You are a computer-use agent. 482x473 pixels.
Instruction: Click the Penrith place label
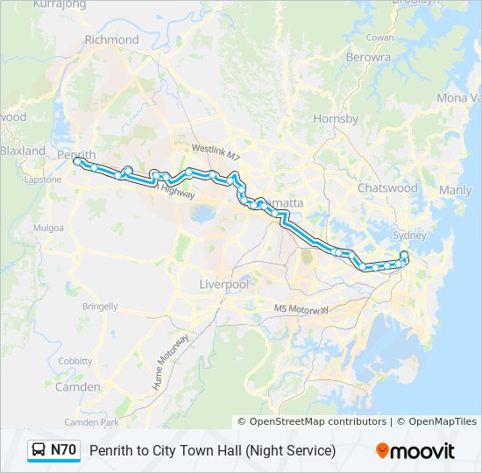tap(76, 154)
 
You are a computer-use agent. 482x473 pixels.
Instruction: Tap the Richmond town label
tap(111, 39)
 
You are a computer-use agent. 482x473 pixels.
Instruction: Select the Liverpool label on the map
tap(224, 285)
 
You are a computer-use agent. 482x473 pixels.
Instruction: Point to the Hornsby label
tap(336, 118)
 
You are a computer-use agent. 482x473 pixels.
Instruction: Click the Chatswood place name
tap(387, 187)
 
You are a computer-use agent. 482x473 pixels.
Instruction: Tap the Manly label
tap(455, 190)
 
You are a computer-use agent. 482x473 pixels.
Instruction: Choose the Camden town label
tap(77, 386)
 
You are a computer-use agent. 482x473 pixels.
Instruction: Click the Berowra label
tap(368, 57)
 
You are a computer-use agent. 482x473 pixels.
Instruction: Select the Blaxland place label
tap(23, 151)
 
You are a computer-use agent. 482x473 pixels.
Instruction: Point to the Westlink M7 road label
tap(215, 151)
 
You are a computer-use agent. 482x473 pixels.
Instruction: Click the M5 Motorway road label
tap(301, 310)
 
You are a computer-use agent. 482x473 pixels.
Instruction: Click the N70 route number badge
tap(63, 450)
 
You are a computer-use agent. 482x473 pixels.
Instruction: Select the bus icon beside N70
tap(39, 450)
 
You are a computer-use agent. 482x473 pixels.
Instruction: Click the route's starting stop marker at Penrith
tap(77, 161)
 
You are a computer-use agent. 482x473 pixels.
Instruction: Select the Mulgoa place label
tap(49, 228)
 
